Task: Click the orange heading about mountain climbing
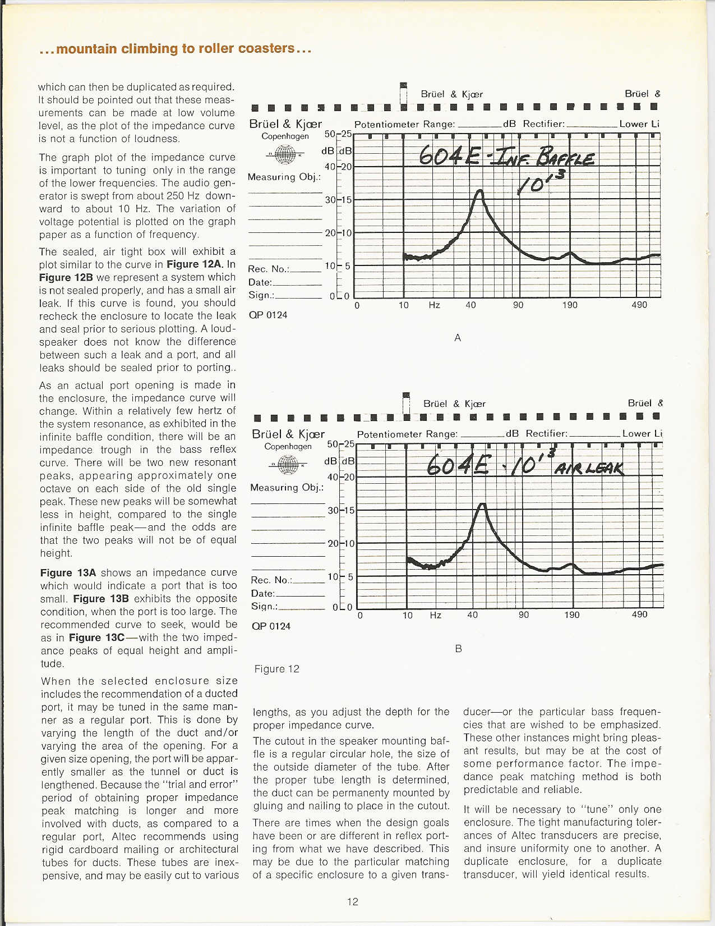tap(176, 49)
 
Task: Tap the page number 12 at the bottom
tap(352, 901)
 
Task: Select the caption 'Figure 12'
tap(277, 668)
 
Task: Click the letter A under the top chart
tap(458, 338)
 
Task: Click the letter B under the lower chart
tap(458, 649)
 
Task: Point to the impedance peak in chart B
tap(482, 505)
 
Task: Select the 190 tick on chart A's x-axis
tap(570, 305)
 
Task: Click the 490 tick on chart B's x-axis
tap(639, 615)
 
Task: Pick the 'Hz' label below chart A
tap(434, 305)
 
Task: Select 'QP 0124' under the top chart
tap(268, 315)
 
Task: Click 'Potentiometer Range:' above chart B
tap(407, 434)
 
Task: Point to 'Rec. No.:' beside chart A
tap(269, 269)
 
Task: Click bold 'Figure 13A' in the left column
tap(68, 572)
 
